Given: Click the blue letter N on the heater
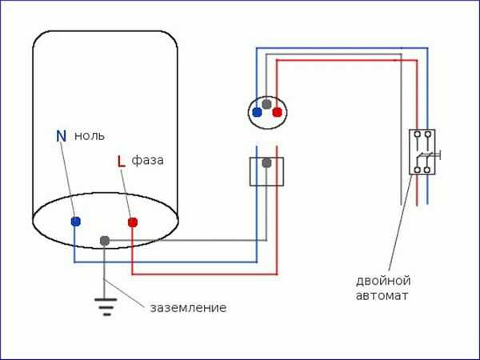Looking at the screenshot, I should pyautogui.click(x=61, y=136).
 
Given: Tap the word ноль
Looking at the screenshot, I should pyautogui.click(x=90, y=136).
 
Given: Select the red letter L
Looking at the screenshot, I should pyautogui.click(x=121, y=162).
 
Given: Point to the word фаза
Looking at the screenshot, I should pyautogui.click(x=148, y=160).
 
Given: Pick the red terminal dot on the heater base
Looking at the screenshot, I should pyautogui.click(x=132, y=222).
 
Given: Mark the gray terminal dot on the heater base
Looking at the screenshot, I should pyautogui.click(x=104, y=240).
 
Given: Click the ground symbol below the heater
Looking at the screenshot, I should pyautogui.click(x=104, y=304).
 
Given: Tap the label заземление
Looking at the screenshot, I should pyautogui.click(x=187, y=307).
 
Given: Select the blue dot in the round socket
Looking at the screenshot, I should pyautogui.click(x=257, y=113).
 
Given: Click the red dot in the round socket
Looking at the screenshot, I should pyautogui.click(x=277, y=113).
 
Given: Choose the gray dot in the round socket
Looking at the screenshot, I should pyautogui.click(x=266, y=103).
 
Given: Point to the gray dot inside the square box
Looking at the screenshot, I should pyautogui.click(x=267, y=163).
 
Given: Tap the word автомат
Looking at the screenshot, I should pyautogui.click(x=383, y=295).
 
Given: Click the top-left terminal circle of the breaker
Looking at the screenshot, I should pyautogui.click(x=417, y=134).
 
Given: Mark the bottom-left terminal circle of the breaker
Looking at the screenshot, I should pyautogui.click(x=417, y=169).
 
